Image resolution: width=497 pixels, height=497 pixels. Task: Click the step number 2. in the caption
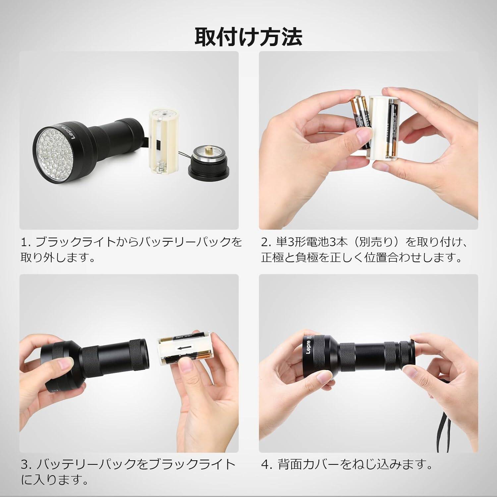pos(266,243)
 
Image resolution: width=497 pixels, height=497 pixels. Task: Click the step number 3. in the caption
pos(26,465)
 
